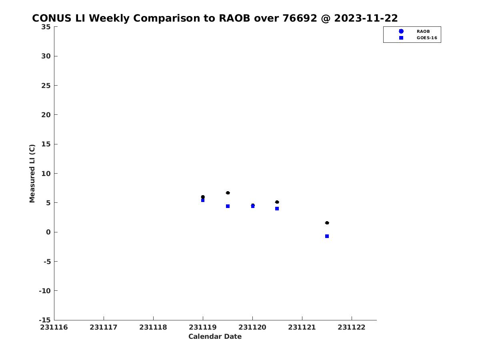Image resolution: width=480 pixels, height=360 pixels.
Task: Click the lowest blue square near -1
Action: click(327, 236)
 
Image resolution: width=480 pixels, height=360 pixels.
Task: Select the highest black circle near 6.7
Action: click(228, 193)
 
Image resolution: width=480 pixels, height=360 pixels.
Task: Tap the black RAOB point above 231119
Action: click(203, 197)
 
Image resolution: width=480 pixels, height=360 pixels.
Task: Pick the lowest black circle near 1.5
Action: click(327, 223)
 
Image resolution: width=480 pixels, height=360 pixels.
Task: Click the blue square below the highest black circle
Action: click(228, 206)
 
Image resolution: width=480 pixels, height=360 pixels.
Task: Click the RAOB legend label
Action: click(423, 32)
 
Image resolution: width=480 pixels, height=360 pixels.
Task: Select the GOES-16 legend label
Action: click(427, 38)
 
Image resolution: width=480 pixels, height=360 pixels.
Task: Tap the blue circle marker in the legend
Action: click(401, 31)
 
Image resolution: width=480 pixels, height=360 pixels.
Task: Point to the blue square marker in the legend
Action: click(401, 38)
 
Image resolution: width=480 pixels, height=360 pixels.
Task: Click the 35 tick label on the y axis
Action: click(46, 27)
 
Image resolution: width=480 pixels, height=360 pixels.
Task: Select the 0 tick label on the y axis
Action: click(48, 232)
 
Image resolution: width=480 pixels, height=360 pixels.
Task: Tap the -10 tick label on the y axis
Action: click(45, 291)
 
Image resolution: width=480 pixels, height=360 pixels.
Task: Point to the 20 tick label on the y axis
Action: click(46, 115)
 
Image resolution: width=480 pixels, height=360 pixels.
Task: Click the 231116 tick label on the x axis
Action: click(54, 327)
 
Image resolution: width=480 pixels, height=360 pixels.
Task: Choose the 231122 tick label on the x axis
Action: click(352, 327)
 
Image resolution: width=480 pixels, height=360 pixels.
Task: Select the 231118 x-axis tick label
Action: click(153, 327)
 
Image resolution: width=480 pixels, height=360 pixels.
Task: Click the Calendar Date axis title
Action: click(215, 336)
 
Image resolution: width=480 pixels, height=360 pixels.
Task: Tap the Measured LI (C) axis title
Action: click(32, 174)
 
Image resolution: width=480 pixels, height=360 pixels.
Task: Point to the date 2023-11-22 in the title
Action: click(366, 18)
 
